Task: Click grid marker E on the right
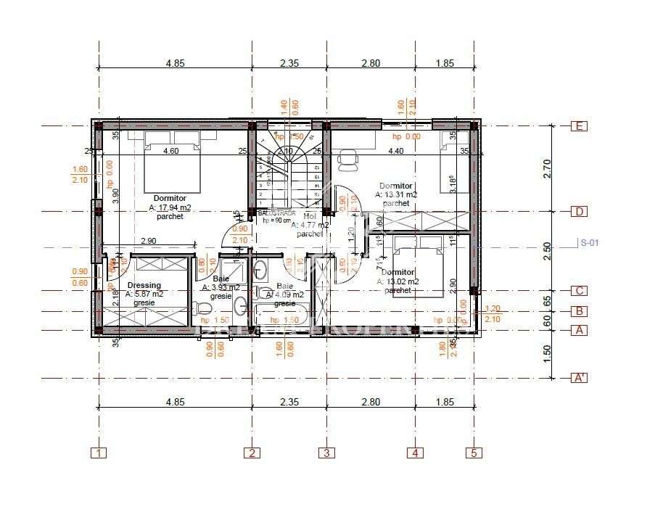point(579,126)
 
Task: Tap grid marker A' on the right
point(579,378)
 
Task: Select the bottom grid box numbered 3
point(326,453)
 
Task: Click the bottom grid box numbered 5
point(474,453)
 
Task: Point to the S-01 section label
point(590,243)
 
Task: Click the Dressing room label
point(144,285)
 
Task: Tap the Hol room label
point(310,216)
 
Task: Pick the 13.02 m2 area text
point(400,281)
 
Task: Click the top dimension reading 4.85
point(175,63)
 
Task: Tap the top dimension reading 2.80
point(371,63)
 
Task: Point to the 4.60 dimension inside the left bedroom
point(170,152)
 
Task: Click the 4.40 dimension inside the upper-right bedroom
point(395,152)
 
